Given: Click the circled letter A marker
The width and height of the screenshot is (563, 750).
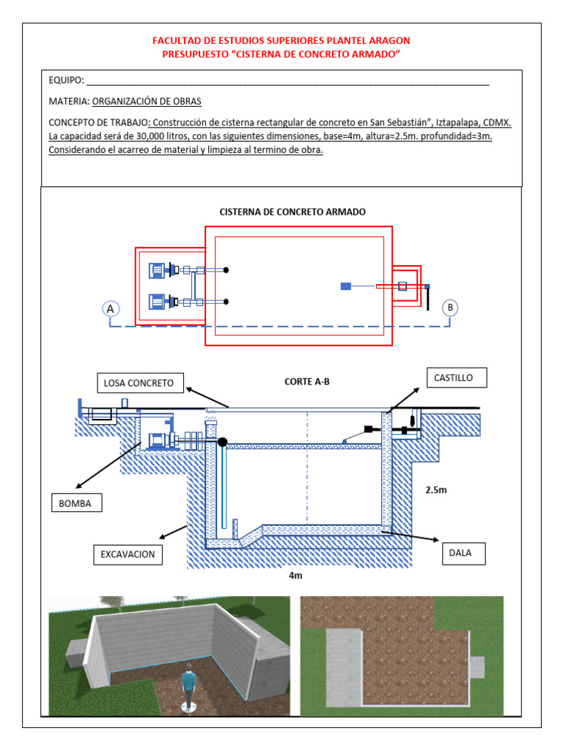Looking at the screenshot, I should (111, 308).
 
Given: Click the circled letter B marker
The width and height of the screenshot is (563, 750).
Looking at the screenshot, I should (450, 308).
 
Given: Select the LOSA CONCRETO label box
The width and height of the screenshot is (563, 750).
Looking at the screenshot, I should (139, 382).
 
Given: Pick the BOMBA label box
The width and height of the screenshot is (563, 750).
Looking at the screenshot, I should (76, 504).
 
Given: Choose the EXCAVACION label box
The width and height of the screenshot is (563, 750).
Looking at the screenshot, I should (128, 554).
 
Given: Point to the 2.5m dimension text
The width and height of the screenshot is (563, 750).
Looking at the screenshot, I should (435, 490).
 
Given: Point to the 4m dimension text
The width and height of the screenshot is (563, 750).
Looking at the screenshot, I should (295, 576).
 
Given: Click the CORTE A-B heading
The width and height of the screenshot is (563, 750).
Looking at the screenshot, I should (301, 382).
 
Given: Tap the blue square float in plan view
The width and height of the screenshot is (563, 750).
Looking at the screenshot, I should (346, 286).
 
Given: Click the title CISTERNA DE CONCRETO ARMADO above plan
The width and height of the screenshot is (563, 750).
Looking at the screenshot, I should (292, 212).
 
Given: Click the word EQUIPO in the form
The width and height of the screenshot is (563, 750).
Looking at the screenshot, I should (66, 80).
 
